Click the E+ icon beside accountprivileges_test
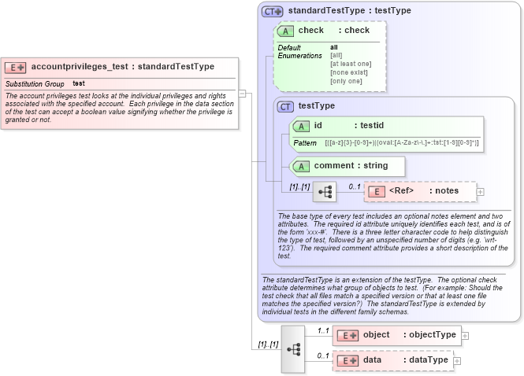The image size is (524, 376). [x=16, y=67]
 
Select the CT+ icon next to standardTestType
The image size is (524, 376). [x=273, y=11]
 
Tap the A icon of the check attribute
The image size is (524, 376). [x=285, y=31]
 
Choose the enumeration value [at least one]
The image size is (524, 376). [x=351, y=64]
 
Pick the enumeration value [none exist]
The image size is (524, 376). [x=349, y=72]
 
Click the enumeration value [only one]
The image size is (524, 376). [x=346, y=81]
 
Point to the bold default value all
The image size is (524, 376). [x=334, y=47]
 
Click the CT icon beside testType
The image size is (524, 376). [x=285, y=106]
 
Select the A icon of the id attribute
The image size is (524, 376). [x=301, y=126]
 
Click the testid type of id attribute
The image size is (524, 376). [x=370, y=125]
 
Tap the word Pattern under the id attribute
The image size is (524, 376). [x=305, y=143]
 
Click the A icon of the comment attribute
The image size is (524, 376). [x=301, y=166]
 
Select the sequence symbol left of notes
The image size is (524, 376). [x=325, y=191]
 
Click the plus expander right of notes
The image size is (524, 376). [x=481, y=191]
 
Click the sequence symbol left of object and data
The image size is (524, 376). [x=292, y=348]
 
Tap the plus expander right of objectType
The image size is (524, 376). [x=465, y=335]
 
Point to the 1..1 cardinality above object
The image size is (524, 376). [x=323, y=330]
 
